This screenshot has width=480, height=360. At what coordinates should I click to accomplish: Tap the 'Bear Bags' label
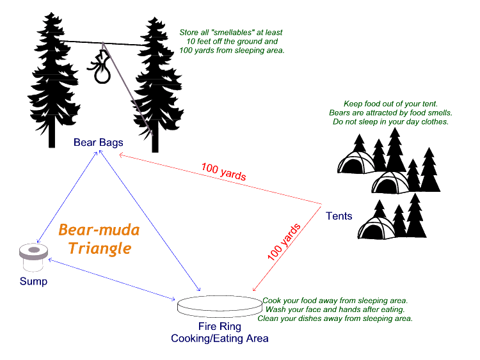98,141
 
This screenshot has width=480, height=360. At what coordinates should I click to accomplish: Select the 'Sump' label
33,281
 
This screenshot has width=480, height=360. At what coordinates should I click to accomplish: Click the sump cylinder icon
33,256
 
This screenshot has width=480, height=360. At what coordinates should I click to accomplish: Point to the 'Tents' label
339,216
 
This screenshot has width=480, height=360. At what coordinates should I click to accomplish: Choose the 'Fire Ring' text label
220,326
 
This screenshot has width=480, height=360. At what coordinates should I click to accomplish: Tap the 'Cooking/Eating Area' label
220,338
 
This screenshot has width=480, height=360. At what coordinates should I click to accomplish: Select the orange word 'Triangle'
100,247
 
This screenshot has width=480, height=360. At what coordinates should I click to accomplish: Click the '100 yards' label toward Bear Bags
223,172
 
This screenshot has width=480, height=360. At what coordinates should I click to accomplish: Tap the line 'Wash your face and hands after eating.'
335,309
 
